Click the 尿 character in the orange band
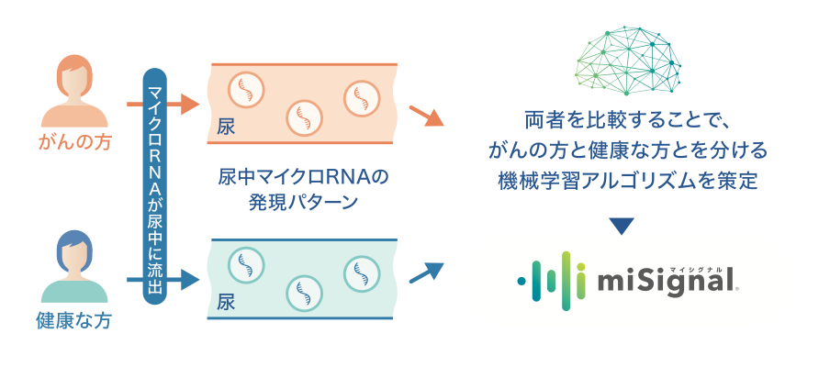(226, 127)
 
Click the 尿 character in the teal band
(226, 302)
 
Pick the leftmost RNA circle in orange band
(246, 89)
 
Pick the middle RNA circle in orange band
(304, 117)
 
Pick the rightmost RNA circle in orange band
(361, 95)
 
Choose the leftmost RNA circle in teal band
(246, 265)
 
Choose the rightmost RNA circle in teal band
(361, 272)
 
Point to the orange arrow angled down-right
(425, 117)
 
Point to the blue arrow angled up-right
(425, 272)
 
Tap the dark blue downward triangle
(622, 226)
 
